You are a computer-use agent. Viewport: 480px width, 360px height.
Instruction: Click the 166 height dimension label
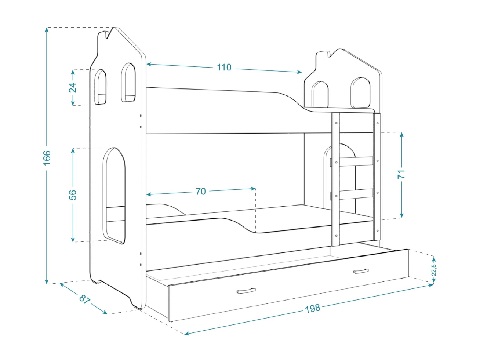[x=47, y=157]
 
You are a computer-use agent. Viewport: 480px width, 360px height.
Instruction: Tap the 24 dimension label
[x=73, y=88]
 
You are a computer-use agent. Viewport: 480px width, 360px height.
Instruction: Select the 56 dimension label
[x=73, y=194]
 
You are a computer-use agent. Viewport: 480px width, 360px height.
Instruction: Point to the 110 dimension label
[x=224, y=67]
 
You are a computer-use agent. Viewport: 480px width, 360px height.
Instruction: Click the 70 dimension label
[x=201, y=191]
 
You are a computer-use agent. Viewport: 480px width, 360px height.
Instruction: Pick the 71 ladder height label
[x=401, y=174]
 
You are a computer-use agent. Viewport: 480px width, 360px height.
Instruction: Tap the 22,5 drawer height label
[x=434, y=270]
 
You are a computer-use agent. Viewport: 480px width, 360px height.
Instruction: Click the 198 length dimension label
[x=313, y=308]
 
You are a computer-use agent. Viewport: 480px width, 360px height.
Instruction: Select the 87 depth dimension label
[x=84, y=299]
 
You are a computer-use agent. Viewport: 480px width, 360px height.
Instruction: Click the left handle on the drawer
[x=246, y=291]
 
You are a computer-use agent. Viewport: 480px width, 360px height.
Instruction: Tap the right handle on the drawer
[x=361, y=271]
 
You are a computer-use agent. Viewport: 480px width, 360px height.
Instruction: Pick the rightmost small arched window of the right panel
[x=360, y=92]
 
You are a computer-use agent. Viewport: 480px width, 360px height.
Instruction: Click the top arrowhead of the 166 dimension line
[x=47, y=29]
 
